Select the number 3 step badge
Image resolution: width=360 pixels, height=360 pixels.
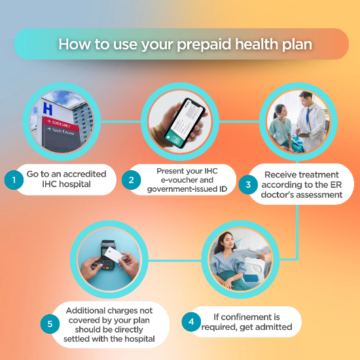248,184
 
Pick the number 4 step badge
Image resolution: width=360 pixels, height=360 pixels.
191,322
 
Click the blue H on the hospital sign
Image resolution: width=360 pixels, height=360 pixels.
47,110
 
